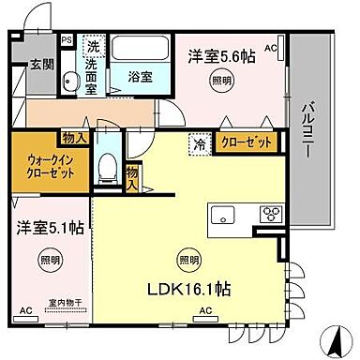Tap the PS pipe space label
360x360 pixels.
pyautogui.click(x=66, y=40)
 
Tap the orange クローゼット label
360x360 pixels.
pyautogui.click(x=248, y=143)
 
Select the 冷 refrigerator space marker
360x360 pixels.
pyautogui.click(x=200, y=144)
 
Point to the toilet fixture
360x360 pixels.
pyautogui.click(x=108, y=171)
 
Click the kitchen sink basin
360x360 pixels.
pyautogui.click(x=226, y=213)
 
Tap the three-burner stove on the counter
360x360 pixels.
pyautogui.click(x=269, y=213)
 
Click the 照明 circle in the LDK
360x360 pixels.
pyautogui.click(x=188, y=259)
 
